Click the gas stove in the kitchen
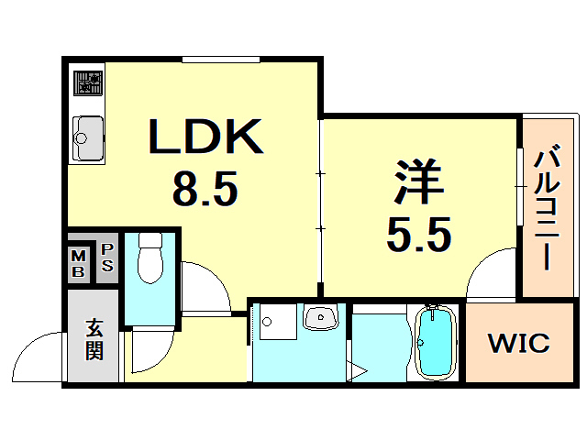[x=88, y=84]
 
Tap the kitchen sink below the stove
[x=88, y=137]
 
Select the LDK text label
[x=205, y=138]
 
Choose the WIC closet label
[x=518, y=344]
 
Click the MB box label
[x=79, y=263]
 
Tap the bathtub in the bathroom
[x=436, y=342]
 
